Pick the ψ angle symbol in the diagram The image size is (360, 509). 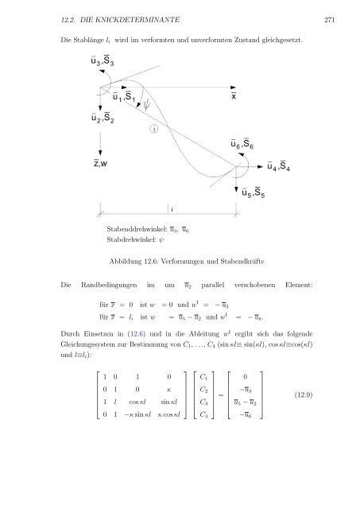(147, 105)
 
